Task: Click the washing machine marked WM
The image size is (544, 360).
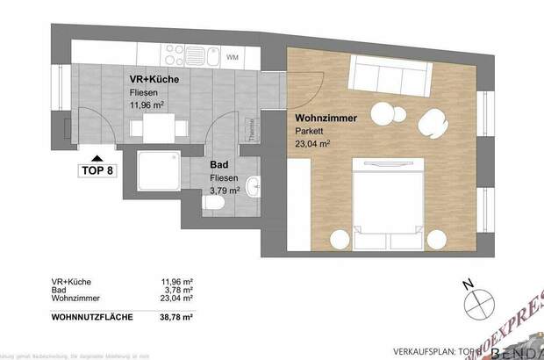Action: [x=233, y=57]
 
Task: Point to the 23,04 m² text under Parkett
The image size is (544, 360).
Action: [x=312, y=142]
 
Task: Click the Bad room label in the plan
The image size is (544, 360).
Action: [x=219, y=163]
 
